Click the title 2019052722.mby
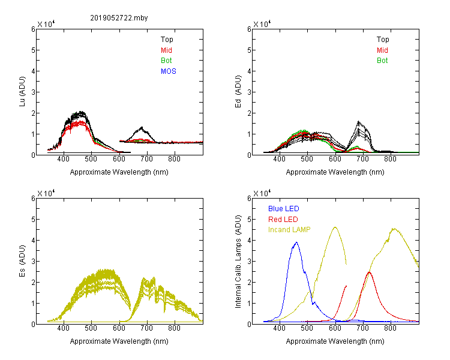point(119,18)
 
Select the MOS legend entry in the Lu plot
point(169,71)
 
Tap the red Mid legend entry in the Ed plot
point(382,50)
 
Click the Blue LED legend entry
point(284,209)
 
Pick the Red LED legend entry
point(283,220)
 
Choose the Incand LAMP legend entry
point(289,230)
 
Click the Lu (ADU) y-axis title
point(22,91)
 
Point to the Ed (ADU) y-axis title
point(238,92)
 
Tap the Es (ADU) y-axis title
point(22,261)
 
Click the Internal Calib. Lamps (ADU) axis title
point(238,262)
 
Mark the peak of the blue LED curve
point(296,242)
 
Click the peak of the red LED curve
point(369,272)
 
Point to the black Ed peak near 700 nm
point(358,121)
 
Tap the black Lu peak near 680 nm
point(142,127)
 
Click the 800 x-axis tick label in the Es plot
point(174,328)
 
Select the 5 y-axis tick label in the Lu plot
point(33,50)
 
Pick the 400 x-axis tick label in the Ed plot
point(279,159)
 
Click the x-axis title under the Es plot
point(119,341)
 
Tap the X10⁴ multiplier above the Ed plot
point(262,24)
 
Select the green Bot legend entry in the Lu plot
point(166,61)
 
